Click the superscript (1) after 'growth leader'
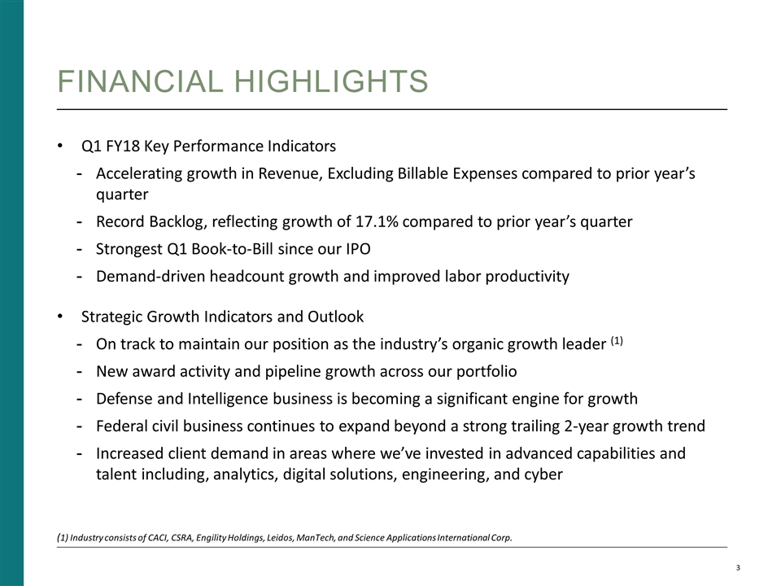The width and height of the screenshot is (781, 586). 616,341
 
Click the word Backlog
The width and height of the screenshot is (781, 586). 169,222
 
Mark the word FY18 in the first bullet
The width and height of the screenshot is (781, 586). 122,147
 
